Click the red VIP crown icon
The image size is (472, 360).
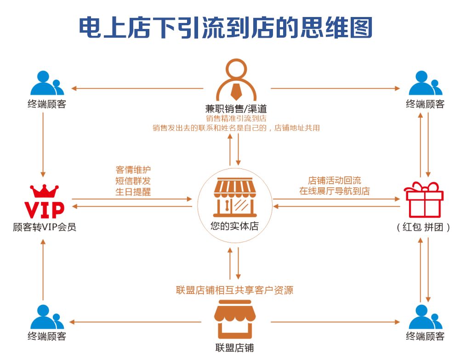pyautogui.click(x=44, y=202)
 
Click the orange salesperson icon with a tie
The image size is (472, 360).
pyautogui.click(x=236, y=80)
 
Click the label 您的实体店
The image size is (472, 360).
pyautogui.click(x=234, y=226)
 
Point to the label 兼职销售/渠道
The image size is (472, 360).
pyautogui.click(x=236, y=109)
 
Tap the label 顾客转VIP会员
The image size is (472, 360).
pyautogui.click(x=44, y=227)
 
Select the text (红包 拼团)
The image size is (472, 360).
pyautogui.click(x=423, y=227)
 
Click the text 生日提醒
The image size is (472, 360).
pyautogui.click(x=133, y=192)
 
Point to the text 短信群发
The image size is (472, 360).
pyautogui.click(x=133, y=181)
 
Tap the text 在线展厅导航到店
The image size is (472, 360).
pyautogui.click(x=335, y=191)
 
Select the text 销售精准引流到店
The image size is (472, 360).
pyautogui.click(x=236, y=119)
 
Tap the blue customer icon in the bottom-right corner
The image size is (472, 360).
pyautogui.click(x=425, y=317)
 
